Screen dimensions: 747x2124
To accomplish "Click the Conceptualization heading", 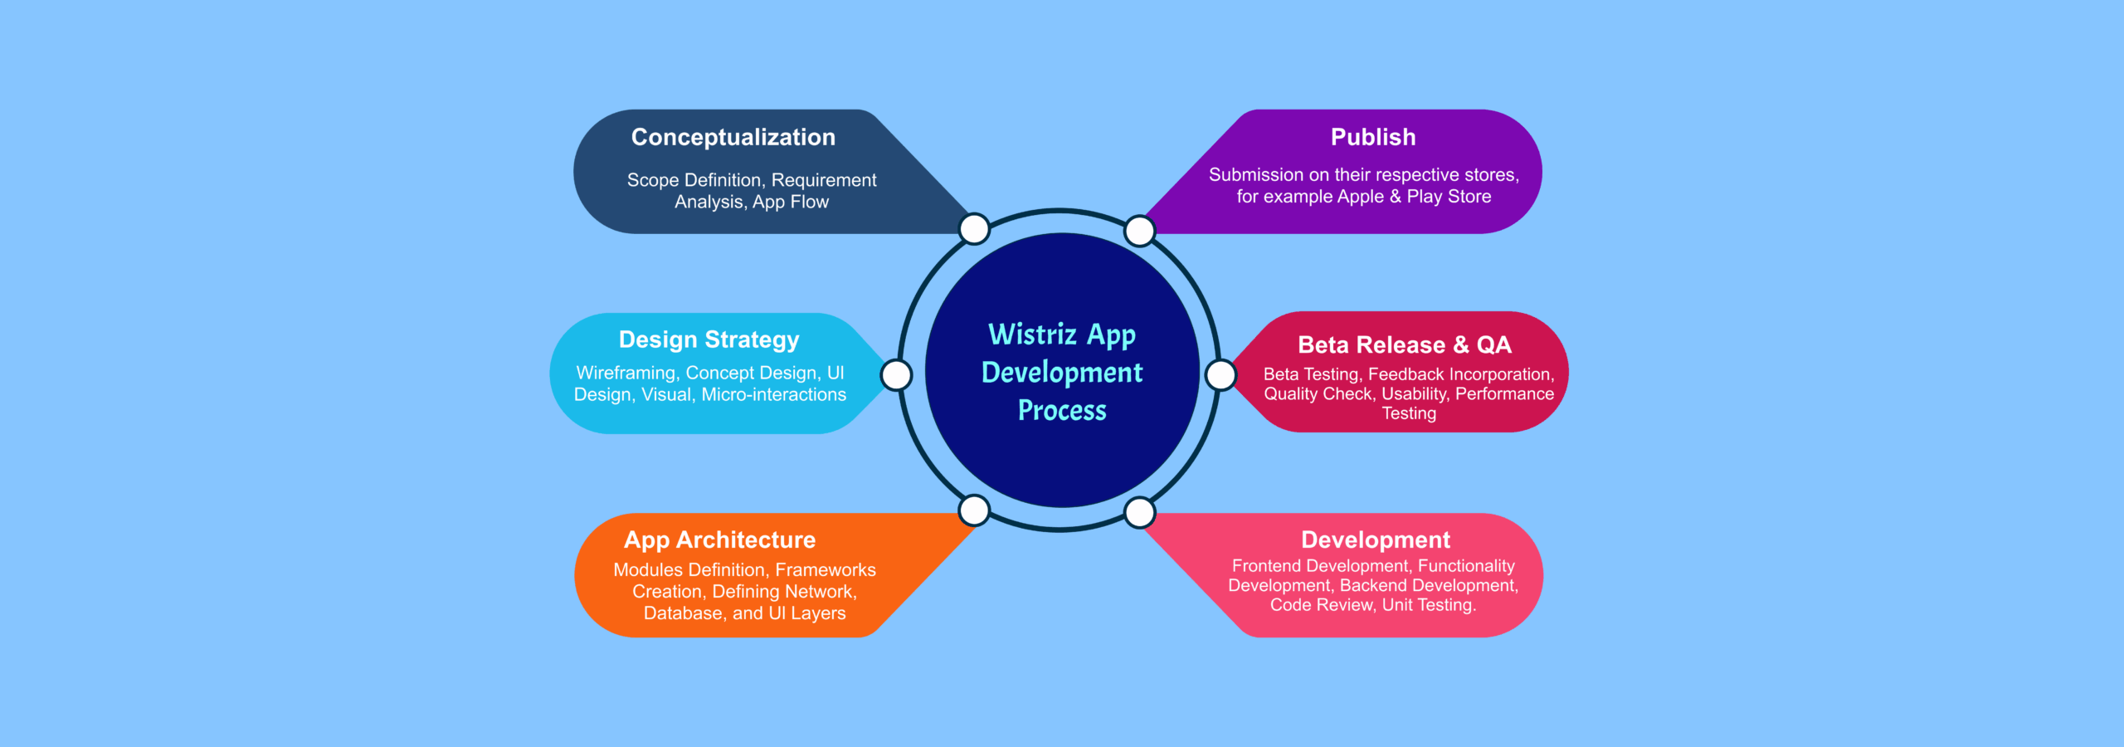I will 733,138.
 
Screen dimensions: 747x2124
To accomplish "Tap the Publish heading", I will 1373,138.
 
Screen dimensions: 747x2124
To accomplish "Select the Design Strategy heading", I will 709,340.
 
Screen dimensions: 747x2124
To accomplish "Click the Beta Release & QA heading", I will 1404,345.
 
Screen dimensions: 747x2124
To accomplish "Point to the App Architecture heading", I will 719,540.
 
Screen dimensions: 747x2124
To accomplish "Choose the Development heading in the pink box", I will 1375,540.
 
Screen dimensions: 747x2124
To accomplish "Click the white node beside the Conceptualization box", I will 974,229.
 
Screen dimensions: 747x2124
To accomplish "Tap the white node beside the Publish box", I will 1139,231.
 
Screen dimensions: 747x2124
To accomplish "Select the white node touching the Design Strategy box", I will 896,375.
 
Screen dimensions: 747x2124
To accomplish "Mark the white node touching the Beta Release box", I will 1220,375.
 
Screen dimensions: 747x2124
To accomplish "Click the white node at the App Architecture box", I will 974,510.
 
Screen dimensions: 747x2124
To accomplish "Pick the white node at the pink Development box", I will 1139,512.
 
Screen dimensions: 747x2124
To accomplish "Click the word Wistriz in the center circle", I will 1032,334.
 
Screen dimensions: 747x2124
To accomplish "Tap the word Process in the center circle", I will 1062,411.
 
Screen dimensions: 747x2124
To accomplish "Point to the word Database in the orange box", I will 683,614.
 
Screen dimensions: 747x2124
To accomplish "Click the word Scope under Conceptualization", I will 652,181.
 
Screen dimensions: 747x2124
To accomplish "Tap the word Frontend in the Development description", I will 1267,567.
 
